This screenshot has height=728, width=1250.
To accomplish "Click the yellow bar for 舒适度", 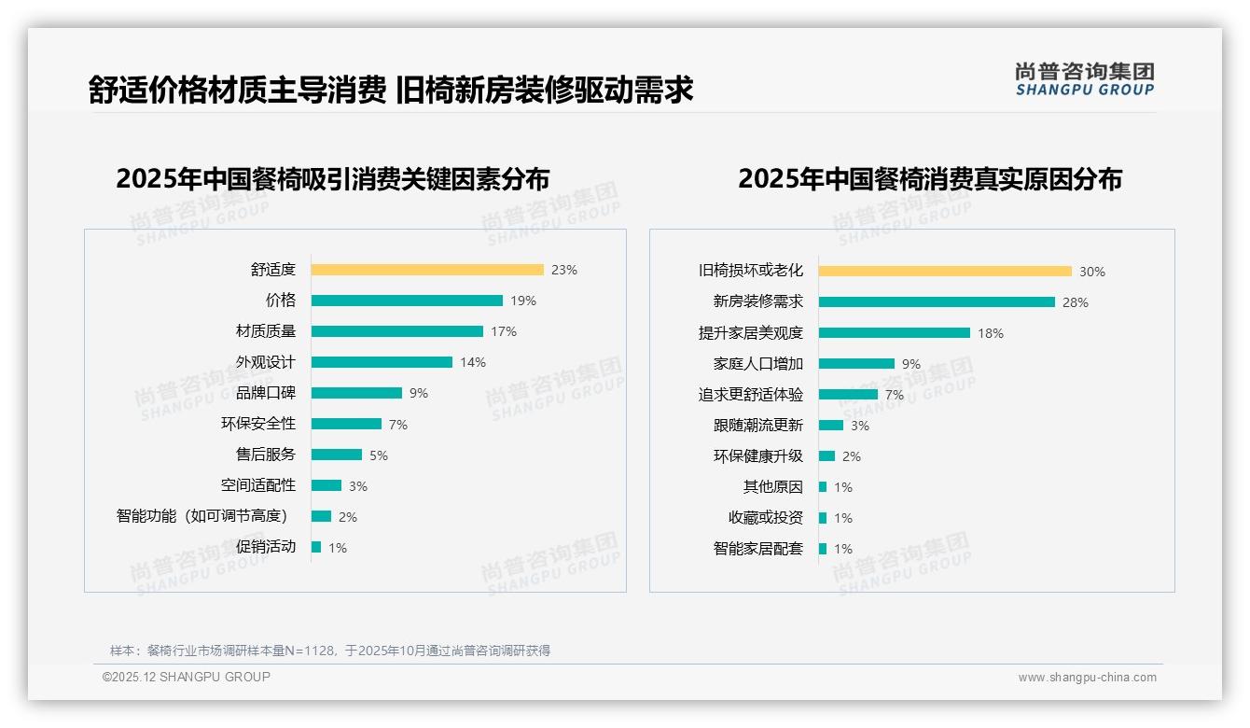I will tap(427, 270).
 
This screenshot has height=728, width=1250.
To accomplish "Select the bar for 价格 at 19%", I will tap(407, 301).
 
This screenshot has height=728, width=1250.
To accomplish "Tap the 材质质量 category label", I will tap(265, 331).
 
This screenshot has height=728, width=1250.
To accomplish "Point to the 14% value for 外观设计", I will tap(473, 362).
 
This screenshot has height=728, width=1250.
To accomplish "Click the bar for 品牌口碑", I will tap(356, 393).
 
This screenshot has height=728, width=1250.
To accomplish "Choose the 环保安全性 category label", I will tap(257, 424).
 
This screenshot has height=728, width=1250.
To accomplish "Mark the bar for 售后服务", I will tap(337, 455).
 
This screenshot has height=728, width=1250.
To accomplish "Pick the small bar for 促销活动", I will tap(316, 547).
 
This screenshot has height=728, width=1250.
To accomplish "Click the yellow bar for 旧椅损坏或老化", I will tap(945, 272).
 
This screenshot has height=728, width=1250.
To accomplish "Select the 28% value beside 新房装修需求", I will tap(1075, 302).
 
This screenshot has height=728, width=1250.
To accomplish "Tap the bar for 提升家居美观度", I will tap(895, 333).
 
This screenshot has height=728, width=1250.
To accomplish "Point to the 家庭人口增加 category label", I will tap(757, 364).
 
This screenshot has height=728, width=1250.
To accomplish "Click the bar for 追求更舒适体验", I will tap(848, 395).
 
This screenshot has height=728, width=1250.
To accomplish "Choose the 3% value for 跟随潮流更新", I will tap(859, 426).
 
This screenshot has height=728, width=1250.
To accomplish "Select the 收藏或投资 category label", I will tap(765, 518).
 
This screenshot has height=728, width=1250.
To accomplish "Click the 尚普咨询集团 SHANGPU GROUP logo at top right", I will tap(1084, 79).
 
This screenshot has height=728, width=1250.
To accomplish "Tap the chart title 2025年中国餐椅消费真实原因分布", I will tap(929, 178).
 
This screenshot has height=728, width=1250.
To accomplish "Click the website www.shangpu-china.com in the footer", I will tap(1087, 678).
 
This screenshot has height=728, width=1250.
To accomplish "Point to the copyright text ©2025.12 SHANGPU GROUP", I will tap(187, 677).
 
